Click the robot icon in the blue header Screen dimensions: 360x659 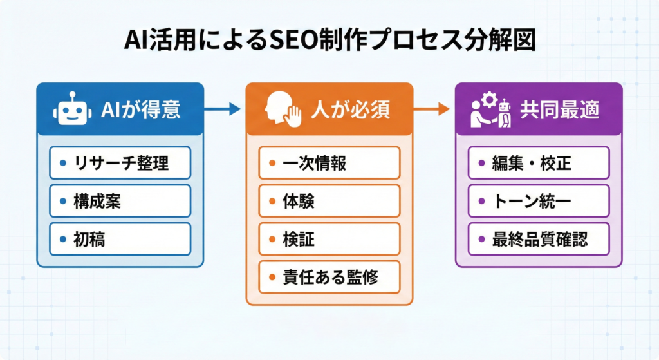[x=71, y=110]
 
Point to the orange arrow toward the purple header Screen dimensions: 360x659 [x=432, y=109]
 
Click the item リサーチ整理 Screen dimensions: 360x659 [x=120, y=163]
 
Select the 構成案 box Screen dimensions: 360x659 [x=120, y=201]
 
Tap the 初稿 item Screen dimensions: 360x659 [x=120, y=239]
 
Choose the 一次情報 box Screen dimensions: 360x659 [x=329, y=163]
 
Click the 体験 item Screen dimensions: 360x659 [x=329, y=201]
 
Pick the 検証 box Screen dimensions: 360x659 [x=329, y=239]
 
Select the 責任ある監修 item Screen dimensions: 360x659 [x=329, y=277]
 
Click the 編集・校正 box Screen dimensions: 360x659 [x=538, y=163]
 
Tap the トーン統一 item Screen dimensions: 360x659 [x=538, y=201]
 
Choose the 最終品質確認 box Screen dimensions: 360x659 [x=538, y=239]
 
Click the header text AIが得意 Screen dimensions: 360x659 [x=141, y=110]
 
